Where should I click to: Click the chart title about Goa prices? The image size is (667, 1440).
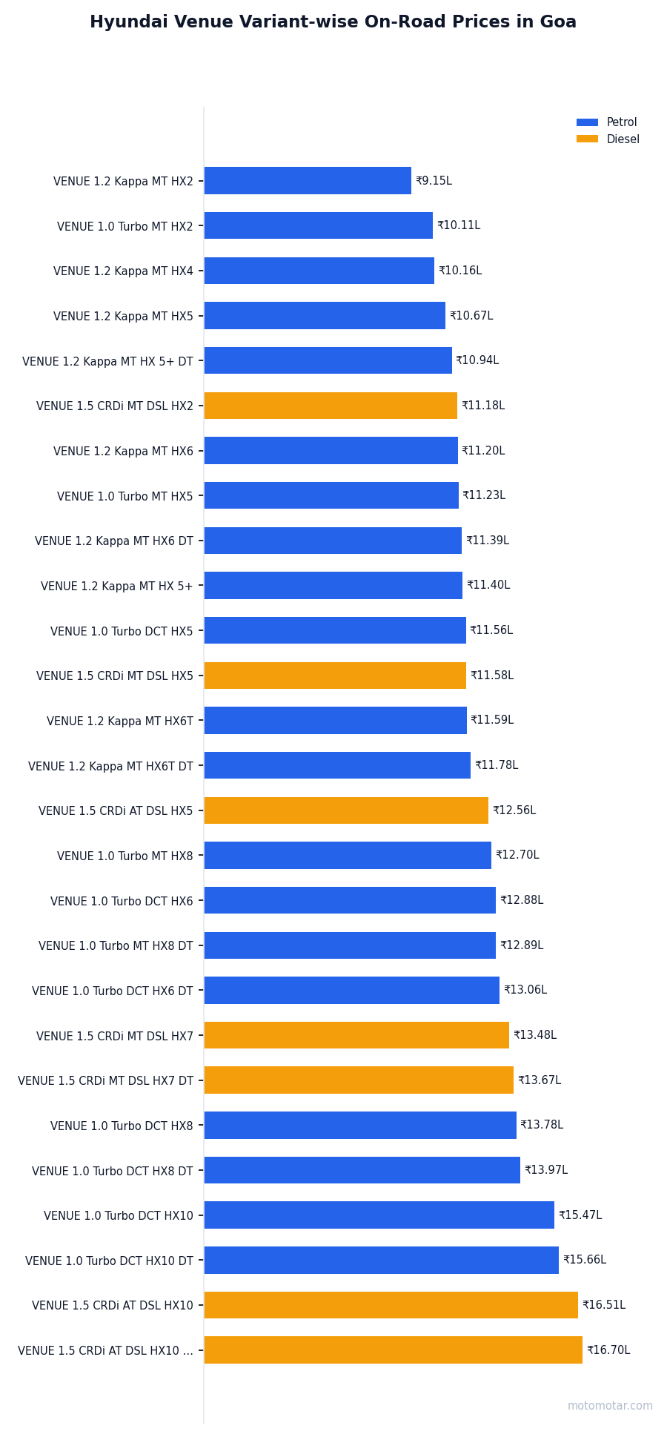(x=333, y=22)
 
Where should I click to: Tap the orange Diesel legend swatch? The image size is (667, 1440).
(x=587, y=139)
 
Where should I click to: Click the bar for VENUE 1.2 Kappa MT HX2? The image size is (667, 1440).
(x=308, y=181)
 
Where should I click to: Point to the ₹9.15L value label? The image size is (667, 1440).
(x=434, y=181)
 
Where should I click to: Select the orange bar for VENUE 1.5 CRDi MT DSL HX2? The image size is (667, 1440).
(x=331, y=406)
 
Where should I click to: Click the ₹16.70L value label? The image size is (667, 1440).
(x=608, y=1350)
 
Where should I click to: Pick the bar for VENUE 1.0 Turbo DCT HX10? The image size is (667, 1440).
(x=379, y=1215)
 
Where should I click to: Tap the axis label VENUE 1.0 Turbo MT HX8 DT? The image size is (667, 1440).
(x=116, y=946)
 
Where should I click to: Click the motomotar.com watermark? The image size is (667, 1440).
(x=610, y=1406)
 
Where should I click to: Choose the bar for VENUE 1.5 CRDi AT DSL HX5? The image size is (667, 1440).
(x=346, y=810)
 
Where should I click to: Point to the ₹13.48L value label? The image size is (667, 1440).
(x=534, y=1035)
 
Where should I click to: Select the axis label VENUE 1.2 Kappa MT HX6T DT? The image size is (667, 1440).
(x=110, y=766)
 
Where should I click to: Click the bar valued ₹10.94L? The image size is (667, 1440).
(x=328, y=360)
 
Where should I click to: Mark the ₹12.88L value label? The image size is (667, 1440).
(x=521, y=900)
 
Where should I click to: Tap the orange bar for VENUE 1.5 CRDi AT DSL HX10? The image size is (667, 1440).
(x=391, y=1305)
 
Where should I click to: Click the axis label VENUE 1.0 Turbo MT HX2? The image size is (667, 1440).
(x=125, y=226)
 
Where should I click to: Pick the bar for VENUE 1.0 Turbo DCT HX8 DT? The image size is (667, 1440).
(x=362, y=1170)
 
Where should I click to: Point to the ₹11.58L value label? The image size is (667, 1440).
(x=491, y=676)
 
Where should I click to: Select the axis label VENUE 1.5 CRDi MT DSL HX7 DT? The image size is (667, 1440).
(x=105, y=1081)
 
